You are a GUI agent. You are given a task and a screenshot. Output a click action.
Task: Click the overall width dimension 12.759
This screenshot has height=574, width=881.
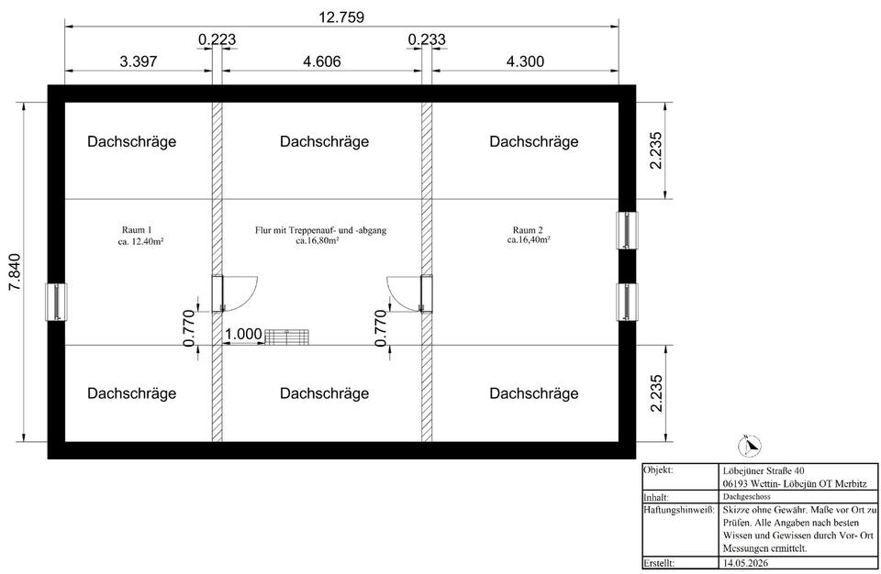[x=341, y=17]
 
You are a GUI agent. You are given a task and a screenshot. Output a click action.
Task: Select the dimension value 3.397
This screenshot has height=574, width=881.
[x=139, y=61]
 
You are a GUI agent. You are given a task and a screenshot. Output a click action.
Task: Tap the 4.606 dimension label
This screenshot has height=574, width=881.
[x=322, y=61]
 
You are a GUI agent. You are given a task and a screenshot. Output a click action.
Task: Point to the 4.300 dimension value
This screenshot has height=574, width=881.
[x=525, y=61]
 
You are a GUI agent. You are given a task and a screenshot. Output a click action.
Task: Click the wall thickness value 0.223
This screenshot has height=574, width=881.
[x=217, y=39]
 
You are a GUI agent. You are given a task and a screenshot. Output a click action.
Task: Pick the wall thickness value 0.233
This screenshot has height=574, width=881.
[x=427, y=39]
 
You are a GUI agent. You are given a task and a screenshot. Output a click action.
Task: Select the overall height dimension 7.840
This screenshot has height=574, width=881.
[x=14, y=272]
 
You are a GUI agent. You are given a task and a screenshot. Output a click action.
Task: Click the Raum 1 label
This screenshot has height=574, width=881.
[x=137, y=230]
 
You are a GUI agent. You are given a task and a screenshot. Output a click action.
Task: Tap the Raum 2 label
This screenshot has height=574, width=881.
[x=528, y=230]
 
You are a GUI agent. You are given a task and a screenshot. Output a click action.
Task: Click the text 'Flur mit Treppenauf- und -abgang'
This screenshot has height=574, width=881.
[x=320, y=230]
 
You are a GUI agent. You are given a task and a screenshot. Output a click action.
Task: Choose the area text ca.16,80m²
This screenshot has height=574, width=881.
[x=317, y=240]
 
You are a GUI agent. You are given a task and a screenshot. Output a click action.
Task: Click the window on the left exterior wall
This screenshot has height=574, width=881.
[x=56, y=303]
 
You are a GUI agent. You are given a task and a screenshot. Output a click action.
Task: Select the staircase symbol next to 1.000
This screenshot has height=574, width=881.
[x=286, y=337]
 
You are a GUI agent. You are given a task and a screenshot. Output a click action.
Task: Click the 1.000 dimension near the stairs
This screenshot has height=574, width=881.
[x=243, y=334]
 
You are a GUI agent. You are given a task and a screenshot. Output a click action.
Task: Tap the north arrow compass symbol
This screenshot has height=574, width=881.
[x=750, y=447]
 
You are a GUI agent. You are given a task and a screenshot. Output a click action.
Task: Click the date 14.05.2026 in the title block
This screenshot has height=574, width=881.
[x=745, y=562]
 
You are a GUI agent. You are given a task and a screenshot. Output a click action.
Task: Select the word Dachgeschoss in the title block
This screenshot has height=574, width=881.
[x=747, y=496]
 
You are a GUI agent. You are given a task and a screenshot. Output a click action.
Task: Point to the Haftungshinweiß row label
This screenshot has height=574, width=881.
[x=679, y=510]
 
